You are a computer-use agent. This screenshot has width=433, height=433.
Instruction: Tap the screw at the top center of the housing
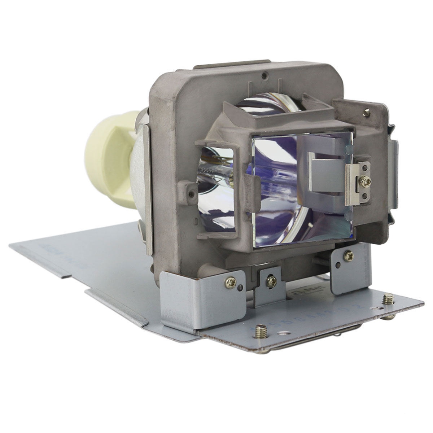click(264, 76)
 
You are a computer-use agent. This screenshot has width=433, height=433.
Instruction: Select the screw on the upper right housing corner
click(367, 113)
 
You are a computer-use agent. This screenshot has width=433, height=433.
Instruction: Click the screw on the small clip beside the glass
click(366, 181)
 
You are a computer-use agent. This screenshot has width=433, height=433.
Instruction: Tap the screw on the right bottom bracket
click(349, 256)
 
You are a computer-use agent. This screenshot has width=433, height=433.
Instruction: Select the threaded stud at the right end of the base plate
click(388, 299)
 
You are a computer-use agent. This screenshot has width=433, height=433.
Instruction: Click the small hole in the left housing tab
click(191, 194)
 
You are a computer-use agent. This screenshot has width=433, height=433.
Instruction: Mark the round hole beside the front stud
click(287, 333)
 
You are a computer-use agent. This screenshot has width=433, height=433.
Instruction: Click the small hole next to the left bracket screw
click(240, 288)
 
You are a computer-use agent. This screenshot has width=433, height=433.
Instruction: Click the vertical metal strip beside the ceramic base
click(147, 188)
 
